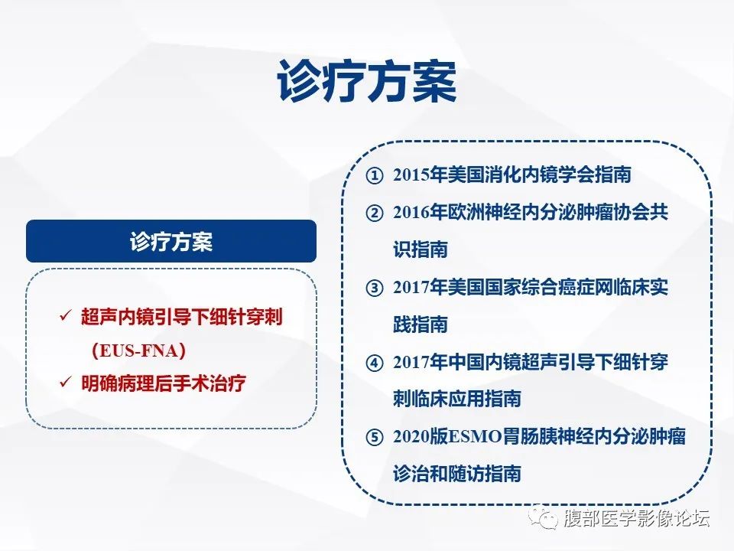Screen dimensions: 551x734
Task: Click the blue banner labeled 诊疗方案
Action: point(171,242)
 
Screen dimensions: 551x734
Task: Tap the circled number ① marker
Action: point(374,176)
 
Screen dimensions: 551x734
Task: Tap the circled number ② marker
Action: point(374,214)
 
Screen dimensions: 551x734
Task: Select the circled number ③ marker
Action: point(374,289)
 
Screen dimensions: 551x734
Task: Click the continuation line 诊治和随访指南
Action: point(456,474)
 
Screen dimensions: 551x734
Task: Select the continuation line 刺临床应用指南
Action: point(456,399)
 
